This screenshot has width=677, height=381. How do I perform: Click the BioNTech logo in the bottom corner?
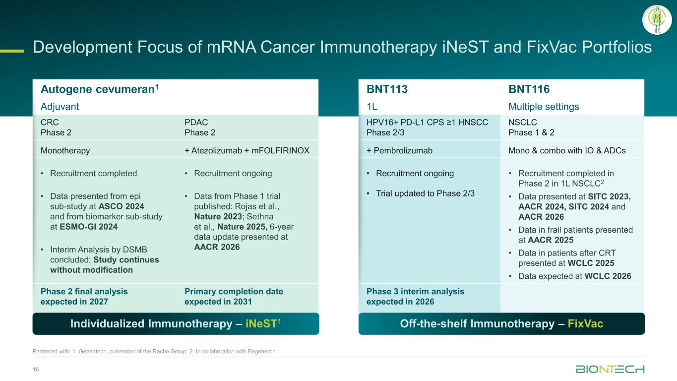610,369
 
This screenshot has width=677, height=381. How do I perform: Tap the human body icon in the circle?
657,20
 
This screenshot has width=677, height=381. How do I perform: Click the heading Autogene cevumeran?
99,89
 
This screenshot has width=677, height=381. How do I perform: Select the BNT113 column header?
387,89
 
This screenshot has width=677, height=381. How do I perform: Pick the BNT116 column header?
529,89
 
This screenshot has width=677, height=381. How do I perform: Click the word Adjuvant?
60,107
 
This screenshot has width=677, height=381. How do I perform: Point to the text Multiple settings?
544,107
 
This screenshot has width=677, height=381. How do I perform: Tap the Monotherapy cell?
65,151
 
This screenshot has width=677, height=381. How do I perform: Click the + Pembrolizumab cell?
399,151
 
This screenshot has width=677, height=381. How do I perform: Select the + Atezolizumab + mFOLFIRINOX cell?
247,151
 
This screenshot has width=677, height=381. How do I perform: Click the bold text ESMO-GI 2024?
88,227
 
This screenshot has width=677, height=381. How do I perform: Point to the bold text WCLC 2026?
608,276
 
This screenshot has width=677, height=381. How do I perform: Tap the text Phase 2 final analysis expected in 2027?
84,296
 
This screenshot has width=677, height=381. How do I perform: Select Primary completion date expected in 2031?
234,296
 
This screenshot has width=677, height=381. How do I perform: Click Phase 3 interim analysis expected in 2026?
415,296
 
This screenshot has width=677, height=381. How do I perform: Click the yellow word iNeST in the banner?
261,323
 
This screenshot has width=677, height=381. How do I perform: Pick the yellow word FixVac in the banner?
585,323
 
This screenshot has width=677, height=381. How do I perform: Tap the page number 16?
36,369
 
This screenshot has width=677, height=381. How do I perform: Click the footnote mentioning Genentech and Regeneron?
155,351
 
